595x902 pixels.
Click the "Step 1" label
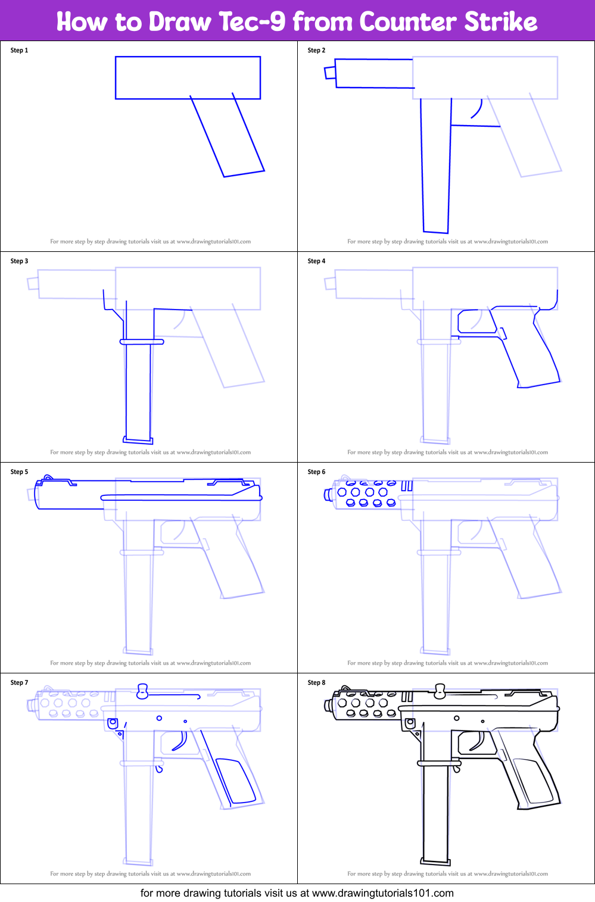(x=19, y=51)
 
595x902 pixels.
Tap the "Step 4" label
(x=316, y=261)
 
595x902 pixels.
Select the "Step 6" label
(x=316, y=472)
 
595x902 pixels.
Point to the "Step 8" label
(x=316, y=683)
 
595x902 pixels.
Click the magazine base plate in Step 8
(x=435, y=861)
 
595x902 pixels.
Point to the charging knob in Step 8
(x=440, y=691)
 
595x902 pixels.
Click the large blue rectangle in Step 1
(x=188, y=77)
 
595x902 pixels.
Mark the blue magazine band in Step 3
(x=142, y=342)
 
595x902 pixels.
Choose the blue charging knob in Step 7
(x=142, y=691)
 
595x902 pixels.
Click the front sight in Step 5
(x=48, y=478)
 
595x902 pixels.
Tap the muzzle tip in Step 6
(x=328, y=495)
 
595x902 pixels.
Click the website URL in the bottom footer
(x=382, y=893)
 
